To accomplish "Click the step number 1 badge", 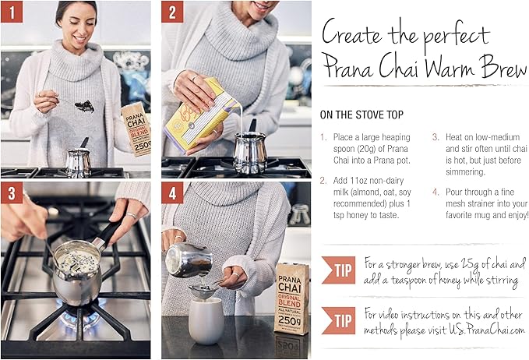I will coord(13,13).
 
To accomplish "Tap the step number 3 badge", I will coord(13,194).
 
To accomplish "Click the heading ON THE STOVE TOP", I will coord(366,115).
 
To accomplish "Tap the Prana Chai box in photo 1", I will coord(137,129).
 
